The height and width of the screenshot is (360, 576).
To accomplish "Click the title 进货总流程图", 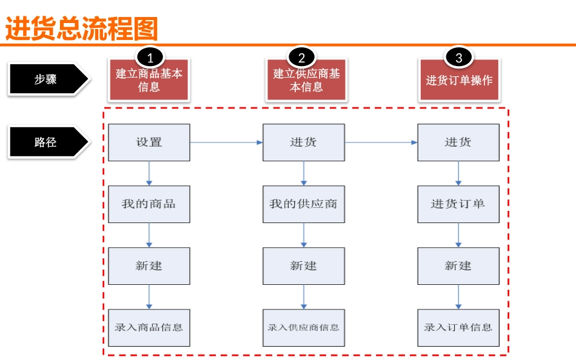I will click(x=81, y=28).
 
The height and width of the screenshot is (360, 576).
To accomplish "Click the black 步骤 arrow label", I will click(x=47, y=79).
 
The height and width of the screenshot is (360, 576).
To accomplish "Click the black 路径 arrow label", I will click(x=47, y=142).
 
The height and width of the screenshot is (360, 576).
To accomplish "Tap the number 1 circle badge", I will click(x=150, y=58).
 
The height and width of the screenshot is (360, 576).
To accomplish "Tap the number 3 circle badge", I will click(x=458, y=58).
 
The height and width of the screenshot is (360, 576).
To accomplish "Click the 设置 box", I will click(x=149, y=142).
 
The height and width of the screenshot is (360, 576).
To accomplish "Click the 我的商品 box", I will click(x=149, y=204).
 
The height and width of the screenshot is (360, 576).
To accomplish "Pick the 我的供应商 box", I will click(x=303, y=204).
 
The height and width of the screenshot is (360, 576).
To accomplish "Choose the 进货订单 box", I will click(x=458, y=204).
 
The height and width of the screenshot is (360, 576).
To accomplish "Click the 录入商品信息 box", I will click(x=149, y=327).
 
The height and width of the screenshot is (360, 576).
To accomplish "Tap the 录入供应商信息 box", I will click(x=303, y=327).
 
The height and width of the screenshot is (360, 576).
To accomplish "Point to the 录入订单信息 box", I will click(x=458, y=327).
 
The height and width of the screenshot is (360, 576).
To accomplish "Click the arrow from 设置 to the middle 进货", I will click(x=226, y=142).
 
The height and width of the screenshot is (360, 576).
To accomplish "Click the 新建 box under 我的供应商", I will click(x=303, y=265).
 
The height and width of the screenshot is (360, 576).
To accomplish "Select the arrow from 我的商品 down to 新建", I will click(x=149, y=235).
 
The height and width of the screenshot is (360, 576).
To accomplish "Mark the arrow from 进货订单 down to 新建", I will click(x=458, y=235).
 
